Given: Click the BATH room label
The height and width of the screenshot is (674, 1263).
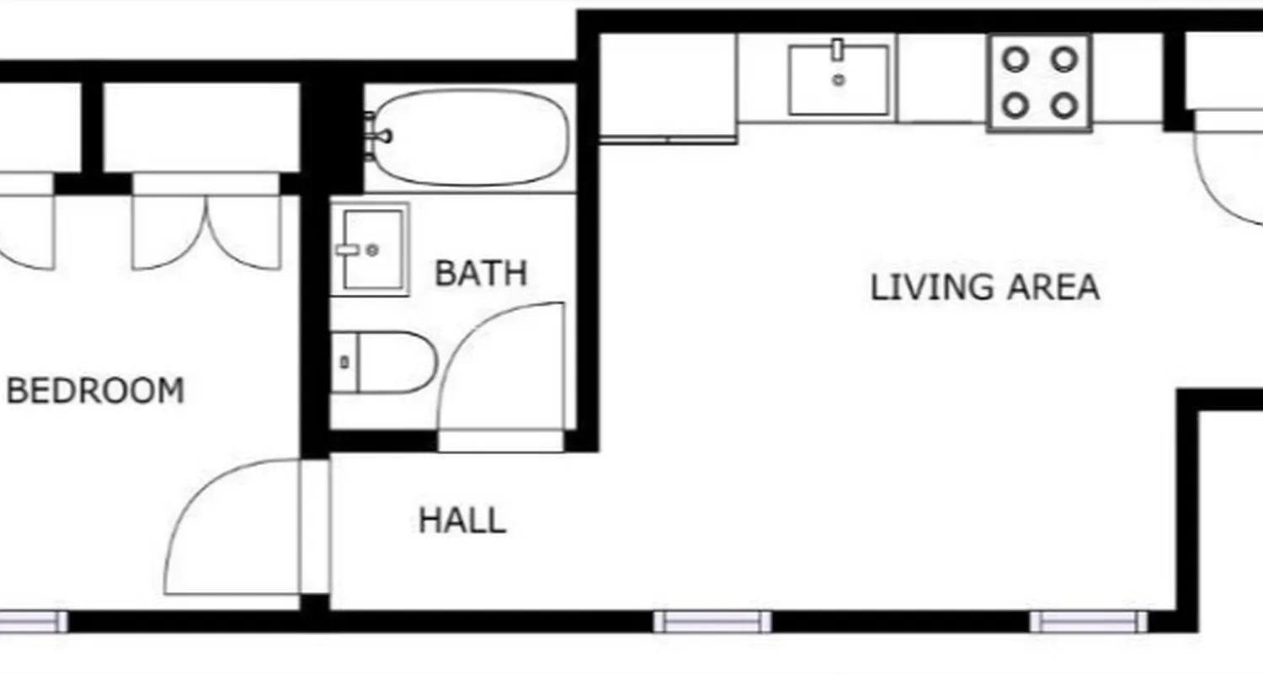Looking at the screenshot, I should [481, 273].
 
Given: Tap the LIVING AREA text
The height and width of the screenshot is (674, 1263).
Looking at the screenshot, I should [984, 287].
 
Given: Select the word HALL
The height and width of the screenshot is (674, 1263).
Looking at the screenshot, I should [462, 521].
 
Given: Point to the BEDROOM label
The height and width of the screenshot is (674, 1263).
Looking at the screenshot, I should [95, 391].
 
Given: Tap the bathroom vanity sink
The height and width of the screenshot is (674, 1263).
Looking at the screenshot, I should [370, 249].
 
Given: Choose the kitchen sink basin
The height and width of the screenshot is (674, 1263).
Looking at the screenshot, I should [839, 81].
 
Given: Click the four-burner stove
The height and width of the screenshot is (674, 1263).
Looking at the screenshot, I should [1041, 83].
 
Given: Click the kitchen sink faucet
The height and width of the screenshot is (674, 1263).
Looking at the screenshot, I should [838, 50].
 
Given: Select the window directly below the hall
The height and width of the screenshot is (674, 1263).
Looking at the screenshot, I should [712, 622].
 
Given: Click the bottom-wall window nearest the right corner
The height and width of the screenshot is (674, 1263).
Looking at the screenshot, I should [1088, 622].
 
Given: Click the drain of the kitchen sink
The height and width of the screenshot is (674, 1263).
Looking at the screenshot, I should [839, 81].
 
